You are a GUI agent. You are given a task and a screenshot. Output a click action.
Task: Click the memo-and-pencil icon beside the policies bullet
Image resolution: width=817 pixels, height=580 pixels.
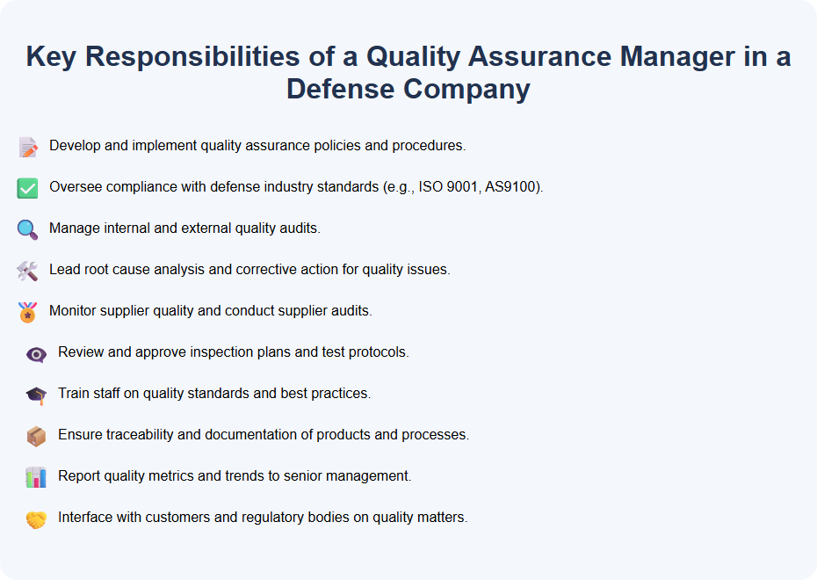coord(28,147)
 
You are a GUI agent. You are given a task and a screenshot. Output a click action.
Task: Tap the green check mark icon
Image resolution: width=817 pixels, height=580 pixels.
coord(28,188)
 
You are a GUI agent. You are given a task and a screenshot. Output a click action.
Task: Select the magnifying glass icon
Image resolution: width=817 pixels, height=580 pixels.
coord(28,229)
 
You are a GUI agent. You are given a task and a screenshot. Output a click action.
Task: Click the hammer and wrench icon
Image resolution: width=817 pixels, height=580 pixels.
coord(28,271)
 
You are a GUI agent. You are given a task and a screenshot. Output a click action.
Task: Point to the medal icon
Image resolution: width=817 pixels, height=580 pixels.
coord(28,312)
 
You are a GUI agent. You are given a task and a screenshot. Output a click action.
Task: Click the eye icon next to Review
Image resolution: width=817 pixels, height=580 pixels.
coord(36,354)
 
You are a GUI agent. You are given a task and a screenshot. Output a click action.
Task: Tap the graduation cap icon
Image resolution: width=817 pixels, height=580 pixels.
coord(36,395)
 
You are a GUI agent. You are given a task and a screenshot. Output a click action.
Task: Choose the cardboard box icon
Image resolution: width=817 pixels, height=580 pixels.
coord(36,436)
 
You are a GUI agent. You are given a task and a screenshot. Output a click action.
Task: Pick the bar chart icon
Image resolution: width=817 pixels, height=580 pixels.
coord(36,477)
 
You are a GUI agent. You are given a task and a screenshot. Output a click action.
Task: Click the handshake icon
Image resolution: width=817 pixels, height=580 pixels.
coord(36,519)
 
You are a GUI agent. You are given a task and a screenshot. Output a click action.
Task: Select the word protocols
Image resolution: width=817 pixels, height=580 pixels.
coord(380,352)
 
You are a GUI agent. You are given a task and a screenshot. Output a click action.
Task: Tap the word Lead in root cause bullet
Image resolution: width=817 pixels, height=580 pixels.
coord(64,270)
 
